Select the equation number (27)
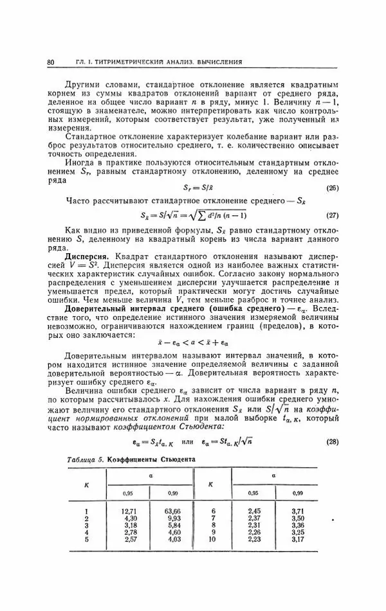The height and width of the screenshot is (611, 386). [x=332, y=215]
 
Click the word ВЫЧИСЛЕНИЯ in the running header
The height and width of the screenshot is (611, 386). [x=220, y=62]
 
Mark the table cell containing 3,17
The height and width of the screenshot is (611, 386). [x=297, y=556]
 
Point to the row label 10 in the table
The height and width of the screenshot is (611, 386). [x=213, y=556]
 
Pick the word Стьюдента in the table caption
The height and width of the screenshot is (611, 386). [x=174, y=461]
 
